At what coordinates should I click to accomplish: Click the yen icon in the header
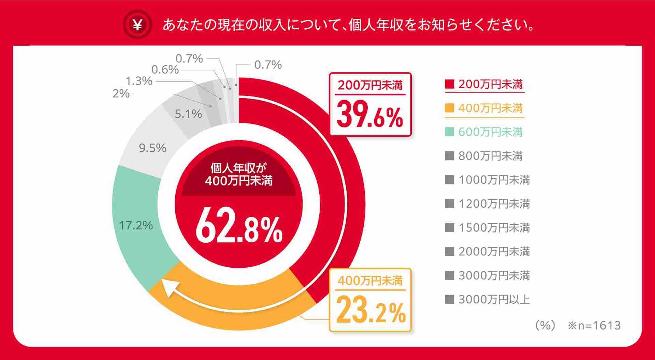click(x=137, y=24)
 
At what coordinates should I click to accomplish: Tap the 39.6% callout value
click(x=370, y=116)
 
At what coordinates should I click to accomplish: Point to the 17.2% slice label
click(x=136, y=225)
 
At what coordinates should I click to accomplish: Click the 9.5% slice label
click(x=152, y=148)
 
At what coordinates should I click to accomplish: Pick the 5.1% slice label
click(x=188, y=114)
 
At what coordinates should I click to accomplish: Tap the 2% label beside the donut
click(x=121, y=93)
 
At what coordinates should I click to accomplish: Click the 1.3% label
click(x=139, y=81)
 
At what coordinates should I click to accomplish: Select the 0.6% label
click(x=165, y=70)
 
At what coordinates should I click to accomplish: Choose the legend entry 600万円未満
click(x=490, y=132)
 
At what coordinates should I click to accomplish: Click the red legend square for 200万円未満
click(x=449, y=84)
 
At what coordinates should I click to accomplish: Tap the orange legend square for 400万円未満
click(x=449, y=108)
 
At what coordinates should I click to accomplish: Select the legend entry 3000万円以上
click(x=494, y=299)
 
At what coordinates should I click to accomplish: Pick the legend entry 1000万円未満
click(x=494, y=180)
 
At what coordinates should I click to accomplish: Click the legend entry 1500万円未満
click(x=494, y=227)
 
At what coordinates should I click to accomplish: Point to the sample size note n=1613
click(x=594, y=325)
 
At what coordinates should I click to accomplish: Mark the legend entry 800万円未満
click(x=490, y=156)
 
